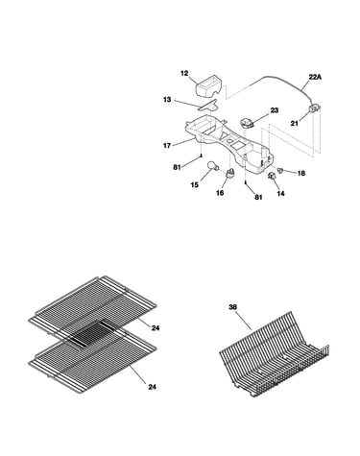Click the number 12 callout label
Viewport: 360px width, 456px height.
pos(184,73)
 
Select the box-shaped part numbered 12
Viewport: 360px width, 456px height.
pos(209,84)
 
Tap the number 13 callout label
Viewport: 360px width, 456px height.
pos(167,100)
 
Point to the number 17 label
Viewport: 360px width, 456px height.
pos(167,146)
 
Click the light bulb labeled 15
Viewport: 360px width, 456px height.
pos(213,165)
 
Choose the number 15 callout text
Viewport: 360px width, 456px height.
pos(195,184)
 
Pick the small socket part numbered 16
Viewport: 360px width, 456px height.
pos(230,173)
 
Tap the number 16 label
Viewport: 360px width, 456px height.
pos(220,193)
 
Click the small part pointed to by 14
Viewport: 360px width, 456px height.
pos(272,175)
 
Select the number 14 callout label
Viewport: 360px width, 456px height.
pos(280,193)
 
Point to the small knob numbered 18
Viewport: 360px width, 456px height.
pos(280,170)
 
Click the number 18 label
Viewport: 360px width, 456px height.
pos(301,173)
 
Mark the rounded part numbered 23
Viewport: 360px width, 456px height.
pos(247,123)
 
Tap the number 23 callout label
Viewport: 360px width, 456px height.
pos(275,110)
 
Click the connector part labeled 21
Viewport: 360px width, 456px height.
pos(314,108)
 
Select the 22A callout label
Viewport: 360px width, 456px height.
pos(315,77)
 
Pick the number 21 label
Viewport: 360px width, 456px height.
pos(295,123)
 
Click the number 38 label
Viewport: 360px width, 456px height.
pos(233,307)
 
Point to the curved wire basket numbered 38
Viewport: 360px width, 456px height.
pos(274,355)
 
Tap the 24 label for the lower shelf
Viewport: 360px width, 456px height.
pos(153,387)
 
